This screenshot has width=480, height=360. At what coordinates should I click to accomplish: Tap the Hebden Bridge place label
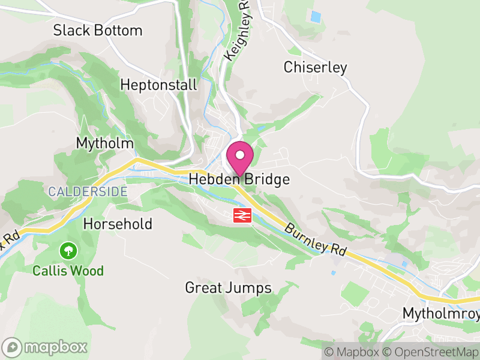[239, 179]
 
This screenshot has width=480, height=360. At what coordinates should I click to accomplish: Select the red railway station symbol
[242, 215]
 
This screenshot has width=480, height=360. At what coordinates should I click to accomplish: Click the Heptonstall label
[158, 85]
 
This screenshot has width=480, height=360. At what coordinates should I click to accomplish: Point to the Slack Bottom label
[98, 31]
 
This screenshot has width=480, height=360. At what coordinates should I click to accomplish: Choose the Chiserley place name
[316, 67]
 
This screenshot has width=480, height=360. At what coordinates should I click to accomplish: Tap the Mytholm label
[105, 143]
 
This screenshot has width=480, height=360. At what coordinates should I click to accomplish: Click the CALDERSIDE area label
[88, 192]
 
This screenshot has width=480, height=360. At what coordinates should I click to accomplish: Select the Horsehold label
[118, 224]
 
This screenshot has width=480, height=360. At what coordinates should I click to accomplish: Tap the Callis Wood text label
[68, 271]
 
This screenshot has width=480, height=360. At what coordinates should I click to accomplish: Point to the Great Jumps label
[228, 288]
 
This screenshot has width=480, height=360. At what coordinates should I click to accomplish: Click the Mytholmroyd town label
[442, 314]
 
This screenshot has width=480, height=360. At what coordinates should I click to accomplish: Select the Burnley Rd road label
[316, 241]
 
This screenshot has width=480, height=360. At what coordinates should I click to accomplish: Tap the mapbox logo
[46, 347]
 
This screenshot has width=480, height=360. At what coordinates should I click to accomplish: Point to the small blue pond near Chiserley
[315, 17]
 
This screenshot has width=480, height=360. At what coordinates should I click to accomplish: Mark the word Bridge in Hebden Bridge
[267, 179]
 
